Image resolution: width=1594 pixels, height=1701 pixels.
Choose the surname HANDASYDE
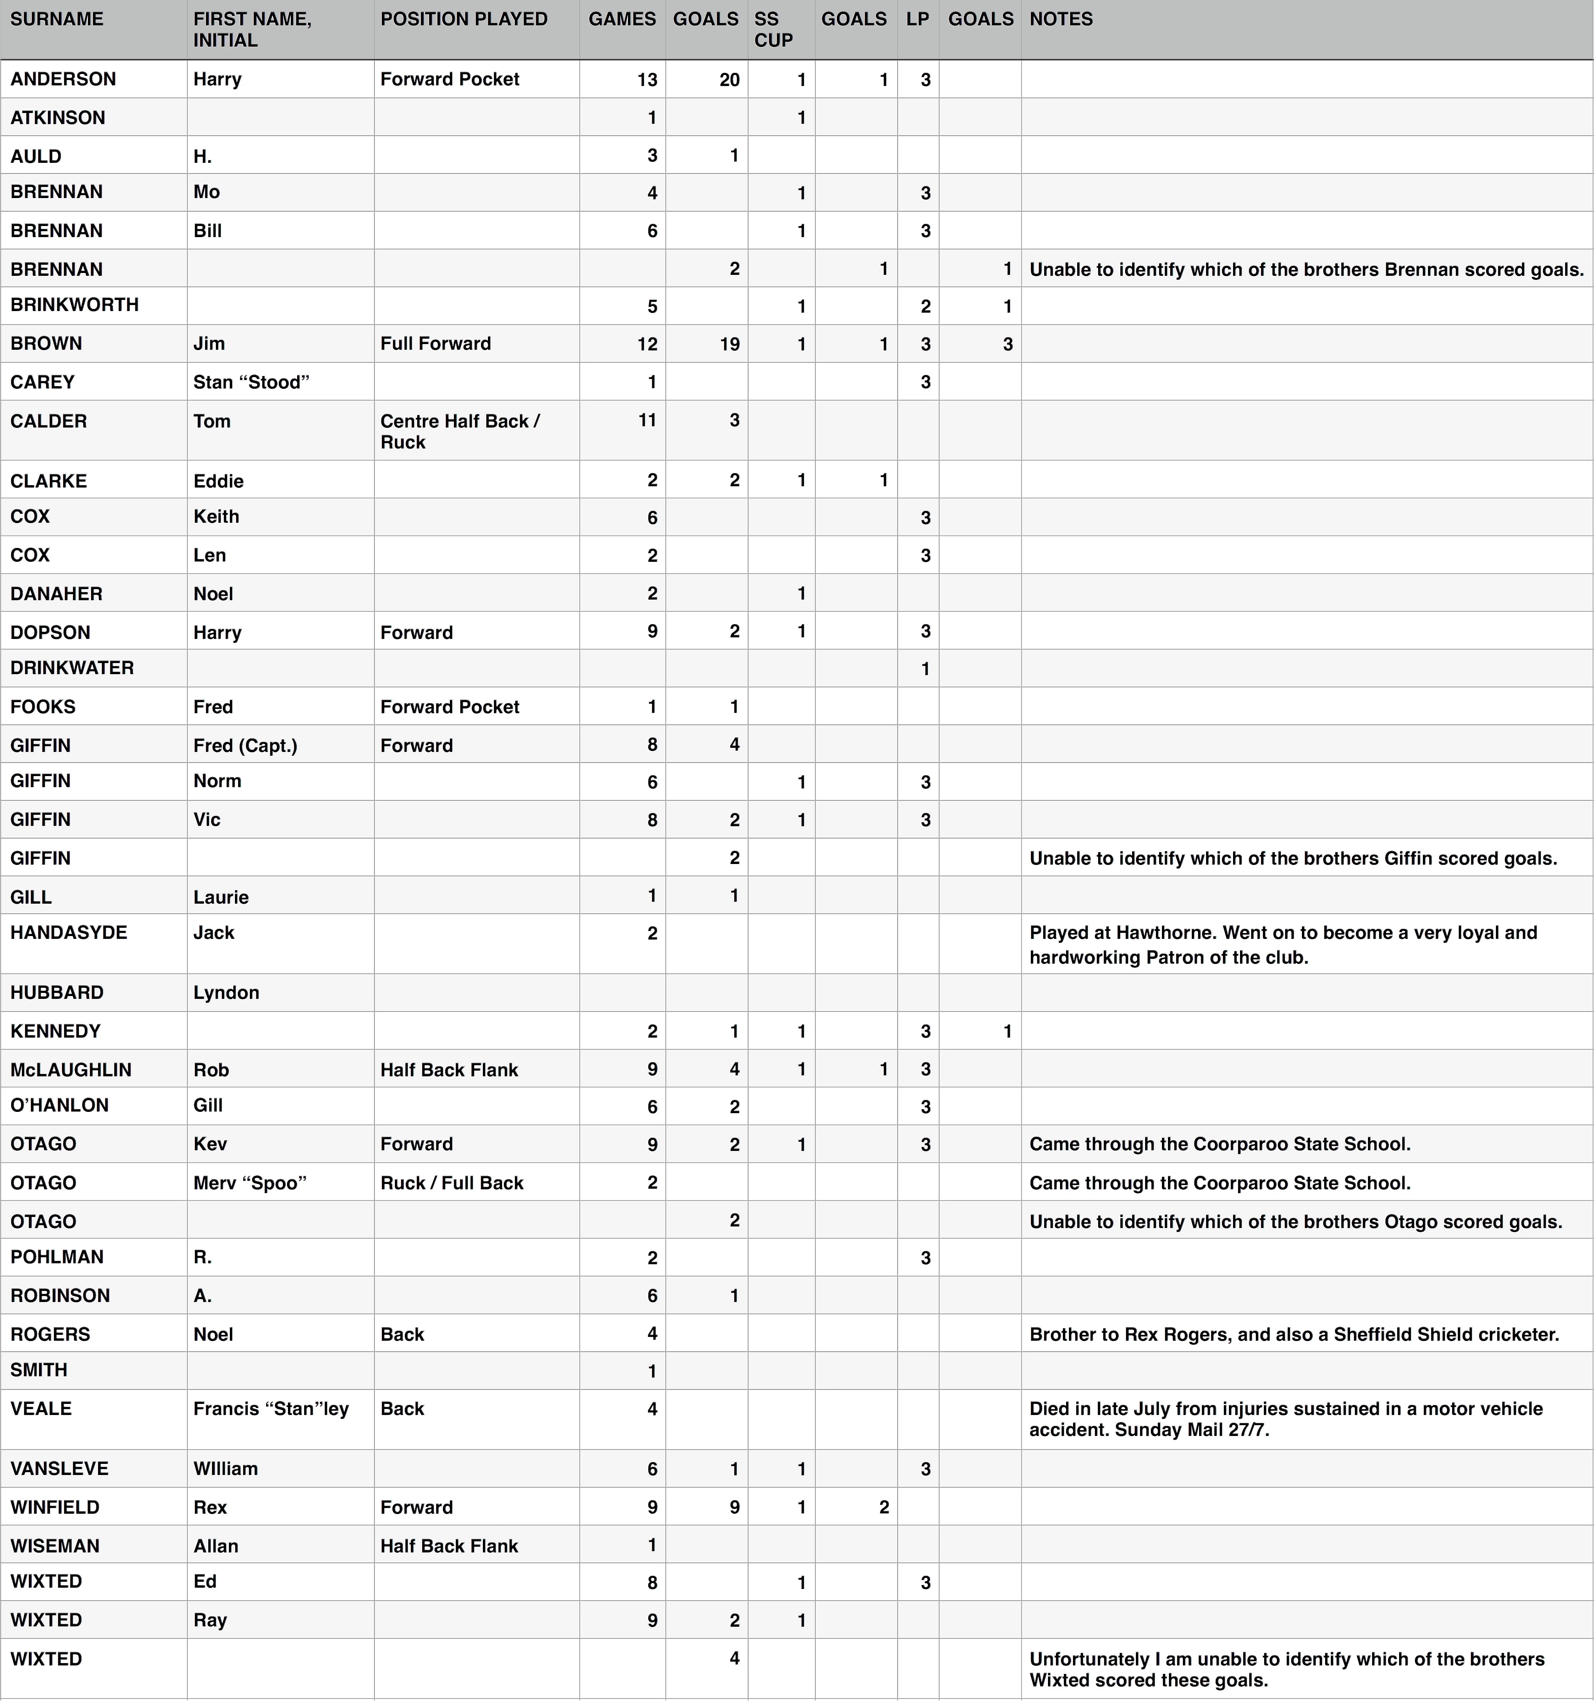pos(69,933)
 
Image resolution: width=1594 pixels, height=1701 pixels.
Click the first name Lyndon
pos(226,993)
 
